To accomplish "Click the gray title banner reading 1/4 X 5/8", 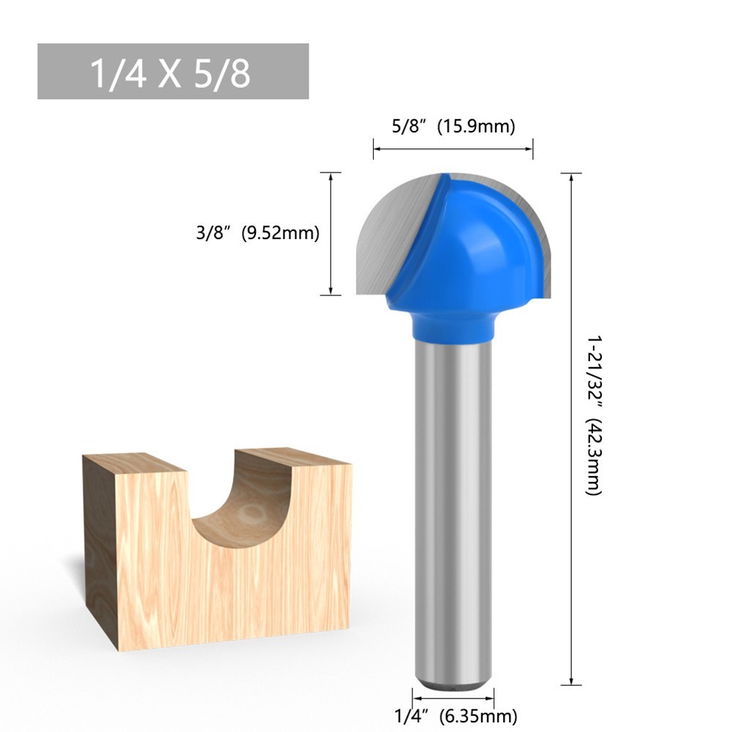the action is click(x=173, y=71).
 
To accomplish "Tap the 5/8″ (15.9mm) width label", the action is click(x=453, y=126).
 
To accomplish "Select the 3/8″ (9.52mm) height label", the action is click(x=257, y=233).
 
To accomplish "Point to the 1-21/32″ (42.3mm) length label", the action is click(x=595, y=415).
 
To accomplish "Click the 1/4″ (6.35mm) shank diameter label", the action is click(x=456, y=716).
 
